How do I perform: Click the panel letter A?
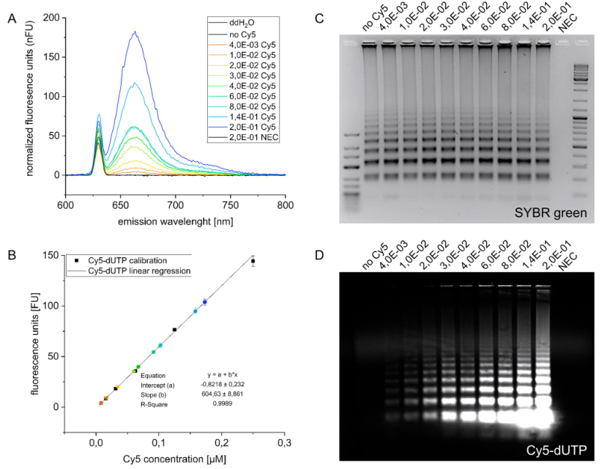11,19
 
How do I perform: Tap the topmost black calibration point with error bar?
253,261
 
